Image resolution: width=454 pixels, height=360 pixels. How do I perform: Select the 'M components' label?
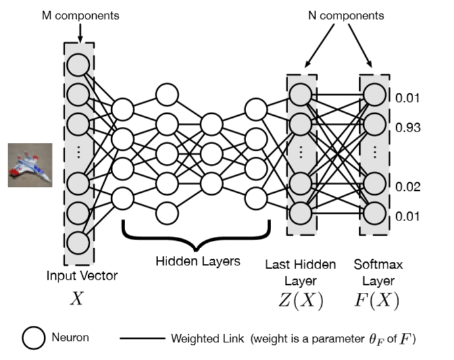79,14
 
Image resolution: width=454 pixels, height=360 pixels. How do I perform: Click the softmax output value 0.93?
408,127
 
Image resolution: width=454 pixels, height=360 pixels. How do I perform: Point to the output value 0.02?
408,187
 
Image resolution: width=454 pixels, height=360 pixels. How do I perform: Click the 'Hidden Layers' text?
197,262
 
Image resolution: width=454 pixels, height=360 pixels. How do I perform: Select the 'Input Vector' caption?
78,276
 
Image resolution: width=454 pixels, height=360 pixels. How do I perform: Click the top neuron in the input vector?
78,64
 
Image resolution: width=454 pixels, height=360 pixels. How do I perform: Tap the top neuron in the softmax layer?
373,95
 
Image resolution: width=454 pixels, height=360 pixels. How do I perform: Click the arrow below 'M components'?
79,32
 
